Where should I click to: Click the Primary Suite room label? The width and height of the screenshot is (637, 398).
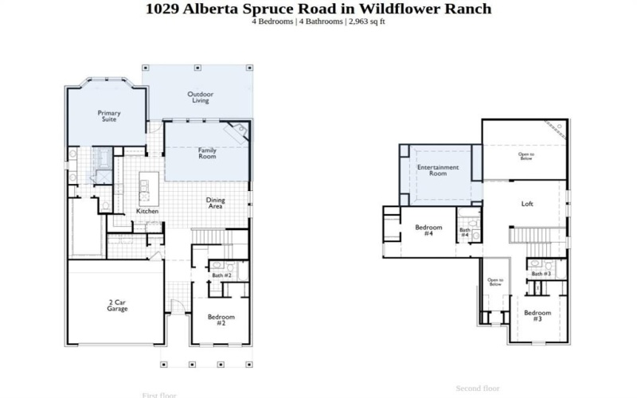(x=109, y=116)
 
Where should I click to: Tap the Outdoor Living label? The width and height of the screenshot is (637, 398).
(x=200, y=98)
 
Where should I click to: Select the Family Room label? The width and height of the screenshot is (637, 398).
(x=207, y=153)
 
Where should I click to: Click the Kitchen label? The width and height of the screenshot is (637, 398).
(x=147, y=211)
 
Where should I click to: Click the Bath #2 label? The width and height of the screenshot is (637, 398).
(x=221, y=275)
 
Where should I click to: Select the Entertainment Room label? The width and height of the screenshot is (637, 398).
(x=438, y=171)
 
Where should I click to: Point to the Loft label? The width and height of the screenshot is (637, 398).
(x=526, y=204)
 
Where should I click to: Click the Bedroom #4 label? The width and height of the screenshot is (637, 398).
(x=428, y=230)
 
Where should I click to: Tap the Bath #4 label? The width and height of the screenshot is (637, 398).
(x=465, y=233)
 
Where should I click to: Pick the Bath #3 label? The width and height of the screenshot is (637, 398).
(x=541, y=274)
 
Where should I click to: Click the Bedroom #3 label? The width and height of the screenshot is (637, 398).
(x=537, y=315)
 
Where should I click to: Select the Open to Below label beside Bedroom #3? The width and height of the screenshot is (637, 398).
(x=494, y=282)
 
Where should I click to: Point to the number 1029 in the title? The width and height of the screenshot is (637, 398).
(x=162, y=9)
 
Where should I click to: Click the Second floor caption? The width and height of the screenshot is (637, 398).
(x=477, y=388)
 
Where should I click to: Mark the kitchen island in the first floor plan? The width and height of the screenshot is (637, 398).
(x=144, y=188)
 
